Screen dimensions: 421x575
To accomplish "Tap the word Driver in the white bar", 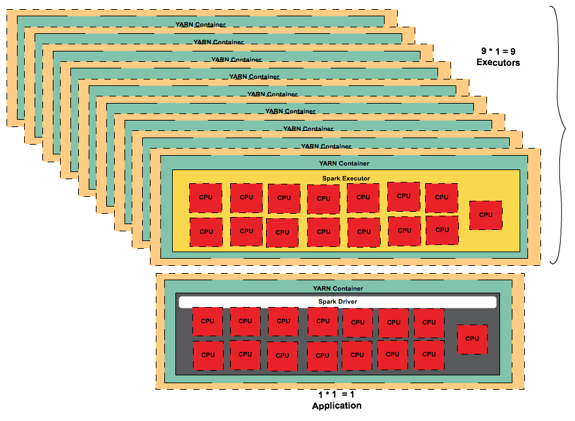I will tap(347, 302).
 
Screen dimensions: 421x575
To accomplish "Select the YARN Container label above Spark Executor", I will tap(344, 163).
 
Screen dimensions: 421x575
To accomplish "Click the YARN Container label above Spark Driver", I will tap(338, 288).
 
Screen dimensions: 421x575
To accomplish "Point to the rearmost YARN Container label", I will tap(200, 25).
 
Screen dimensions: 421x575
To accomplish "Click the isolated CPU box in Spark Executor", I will tap(486, 214).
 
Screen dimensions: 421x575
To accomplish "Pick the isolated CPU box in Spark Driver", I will tap(472, 339).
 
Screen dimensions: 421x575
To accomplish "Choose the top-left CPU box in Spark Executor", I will tap(205, 197).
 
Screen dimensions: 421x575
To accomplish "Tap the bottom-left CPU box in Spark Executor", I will tap(206, 231).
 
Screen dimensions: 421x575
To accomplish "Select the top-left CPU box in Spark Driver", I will tap(207, 321).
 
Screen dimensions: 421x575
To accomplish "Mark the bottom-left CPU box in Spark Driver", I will tap(207, 355).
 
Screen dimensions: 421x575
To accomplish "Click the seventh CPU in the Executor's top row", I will tap(441, 197).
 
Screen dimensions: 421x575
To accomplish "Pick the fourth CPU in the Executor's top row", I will tap(323, 199).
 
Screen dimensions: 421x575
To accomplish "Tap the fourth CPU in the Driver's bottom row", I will tap(322, 356).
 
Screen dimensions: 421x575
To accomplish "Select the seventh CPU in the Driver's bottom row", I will tap(429, 355).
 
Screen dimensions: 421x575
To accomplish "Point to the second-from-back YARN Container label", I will tap(218, 42).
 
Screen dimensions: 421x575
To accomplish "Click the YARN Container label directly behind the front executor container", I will tap(326, 146).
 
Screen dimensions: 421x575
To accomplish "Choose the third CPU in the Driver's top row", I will tap(283, 321).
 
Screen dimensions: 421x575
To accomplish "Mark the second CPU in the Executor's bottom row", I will tap(246, 231).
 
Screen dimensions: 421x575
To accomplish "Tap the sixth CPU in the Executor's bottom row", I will tap(404, 231).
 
